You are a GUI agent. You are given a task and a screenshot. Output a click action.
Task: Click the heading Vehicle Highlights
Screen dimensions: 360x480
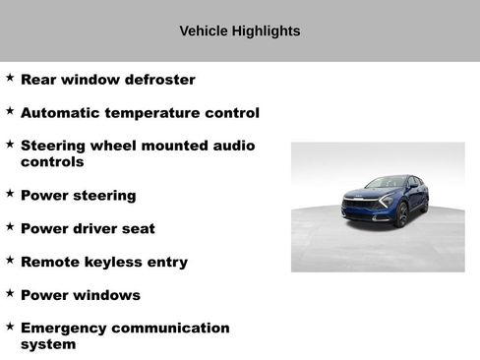pos(240,30)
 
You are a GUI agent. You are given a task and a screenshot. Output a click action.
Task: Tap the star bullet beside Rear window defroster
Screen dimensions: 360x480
pos(10,77)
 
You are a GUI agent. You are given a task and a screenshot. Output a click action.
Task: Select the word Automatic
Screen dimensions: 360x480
pos(59,113)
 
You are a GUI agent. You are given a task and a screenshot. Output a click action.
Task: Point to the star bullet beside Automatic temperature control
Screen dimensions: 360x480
pos(10,110)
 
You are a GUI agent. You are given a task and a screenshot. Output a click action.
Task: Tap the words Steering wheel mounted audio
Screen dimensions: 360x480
pos(138,146)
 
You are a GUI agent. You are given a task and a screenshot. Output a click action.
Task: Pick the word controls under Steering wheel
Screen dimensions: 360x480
pos(52,161)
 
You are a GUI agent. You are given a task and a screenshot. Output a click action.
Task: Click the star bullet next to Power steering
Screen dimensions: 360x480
pos(10,193)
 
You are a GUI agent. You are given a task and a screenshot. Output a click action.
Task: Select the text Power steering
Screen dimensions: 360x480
pos(78,196)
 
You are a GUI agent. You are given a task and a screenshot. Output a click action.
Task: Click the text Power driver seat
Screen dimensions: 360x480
pos(88,229)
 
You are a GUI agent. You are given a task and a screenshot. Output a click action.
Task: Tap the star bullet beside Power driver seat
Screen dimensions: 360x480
pos(10,226)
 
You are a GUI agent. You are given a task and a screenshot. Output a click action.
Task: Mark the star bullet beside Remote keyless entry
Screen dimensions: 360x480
pos(10,260)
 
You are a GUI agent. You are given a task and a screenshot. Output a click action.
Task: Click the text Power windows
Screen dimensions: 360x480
pos(80,295)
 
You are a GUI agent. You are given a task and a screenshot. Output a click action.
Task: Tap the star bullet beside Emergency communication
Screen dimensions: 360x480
pos(10,326)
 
